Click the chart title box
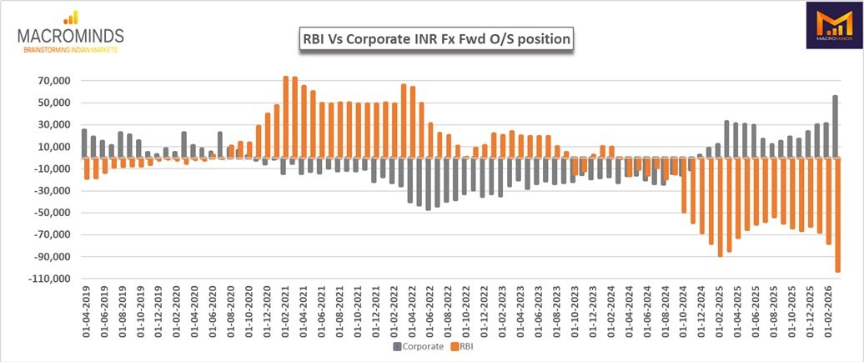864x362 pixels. [x=436, y=40]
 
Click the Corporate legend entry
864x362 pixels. [x=418, y=347]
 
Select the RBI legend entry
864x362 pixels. [x=462, y=347]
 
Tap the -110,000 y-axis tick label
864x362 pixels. [x=51, y=279]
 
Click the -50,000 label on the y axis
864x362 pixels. [x=53, y=214]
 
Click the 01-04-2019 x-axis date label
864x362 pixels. [x=85, y=309]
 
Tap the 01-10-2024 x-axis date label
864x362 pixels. [x=683, y=309]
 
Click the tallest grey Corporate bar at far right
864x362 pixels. [x=836, y=127]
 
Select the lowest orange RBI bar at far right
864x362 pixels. [x=838, y=215]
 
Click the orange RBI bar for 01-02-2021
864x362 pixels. [x=286, y=118]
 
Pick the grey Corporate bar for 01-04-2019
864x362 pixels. [x=84, y=143]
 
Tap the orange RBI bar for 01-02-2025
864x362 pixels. [x=721, y=207]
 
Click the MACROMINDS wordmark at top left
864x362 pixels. [x=71, y=37]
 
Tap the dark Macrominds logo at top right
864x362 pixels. [x=834, y=25]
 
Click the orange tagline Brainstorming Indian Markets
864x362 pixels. [x=71, y=49]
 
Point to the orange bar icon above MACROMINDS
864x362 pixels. [x=71, y=18]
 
